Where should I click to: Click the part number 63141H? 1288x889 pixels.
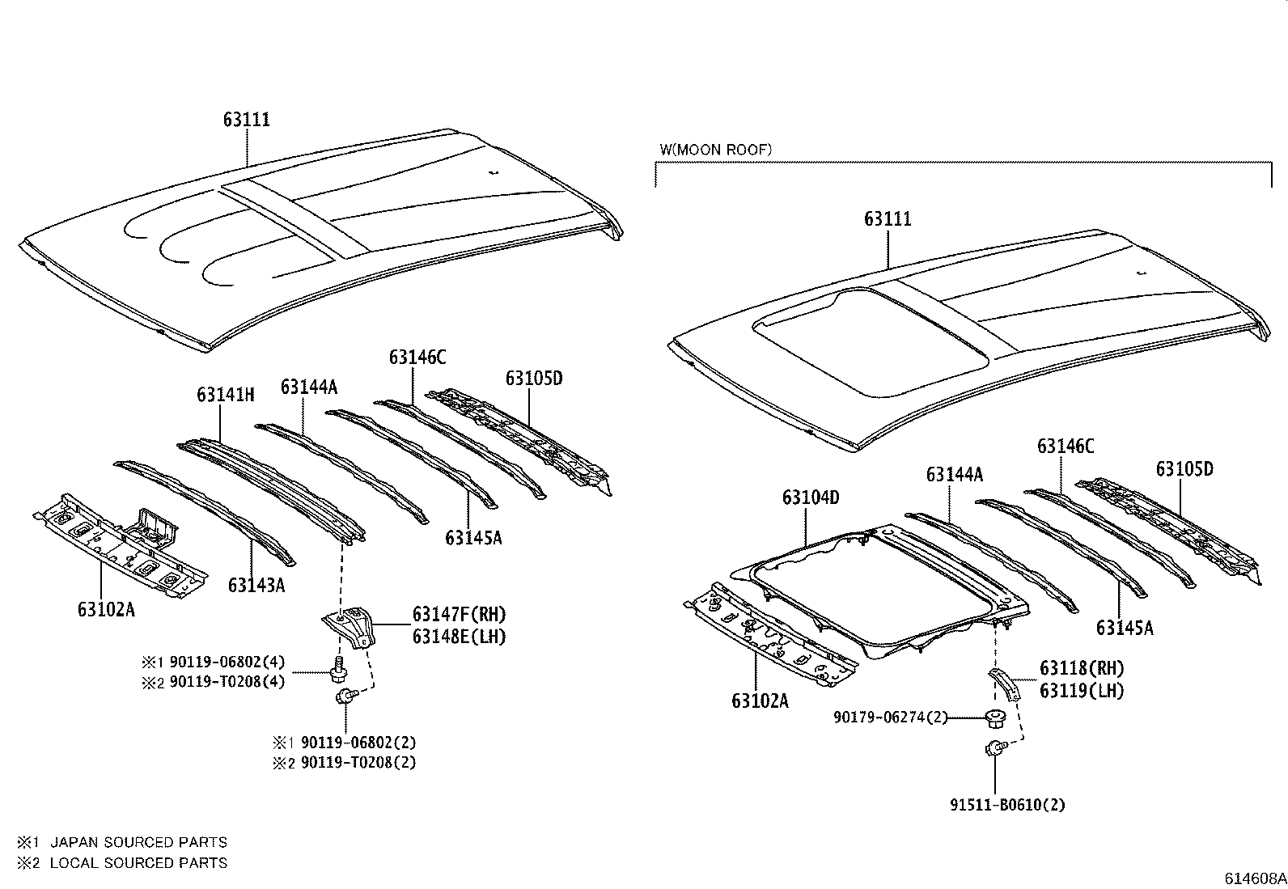coord(225,395)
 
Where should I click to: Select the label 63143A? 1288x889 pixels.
coord(256,585)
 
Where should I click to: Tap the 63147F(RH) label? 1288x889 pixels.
coord(459,615)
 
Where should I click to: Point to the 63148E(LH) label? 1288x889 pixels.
coord(459,637)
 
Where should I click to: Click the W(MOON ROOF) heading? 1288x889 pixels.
coord(715,150)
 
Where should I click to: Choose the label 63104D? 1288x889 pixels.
coord(810,497)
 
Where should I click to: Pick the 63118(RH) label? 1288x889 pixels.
coord(1082,668)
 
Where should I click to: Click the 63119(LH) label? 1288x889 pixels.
coord(1082,690)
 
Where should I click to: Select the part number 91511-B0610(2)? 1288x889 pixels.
coord(1007,805)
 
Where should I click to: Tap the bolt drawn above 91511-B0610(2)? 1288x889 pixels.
coord(994,749)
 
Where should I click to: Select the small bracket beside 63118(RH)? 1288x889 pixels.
coord(1006,684)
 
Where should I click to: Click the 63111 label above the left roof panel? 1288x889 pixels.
coord(247,120)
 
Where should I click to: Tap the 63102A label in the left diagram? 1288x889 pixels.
coord(106,609)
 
